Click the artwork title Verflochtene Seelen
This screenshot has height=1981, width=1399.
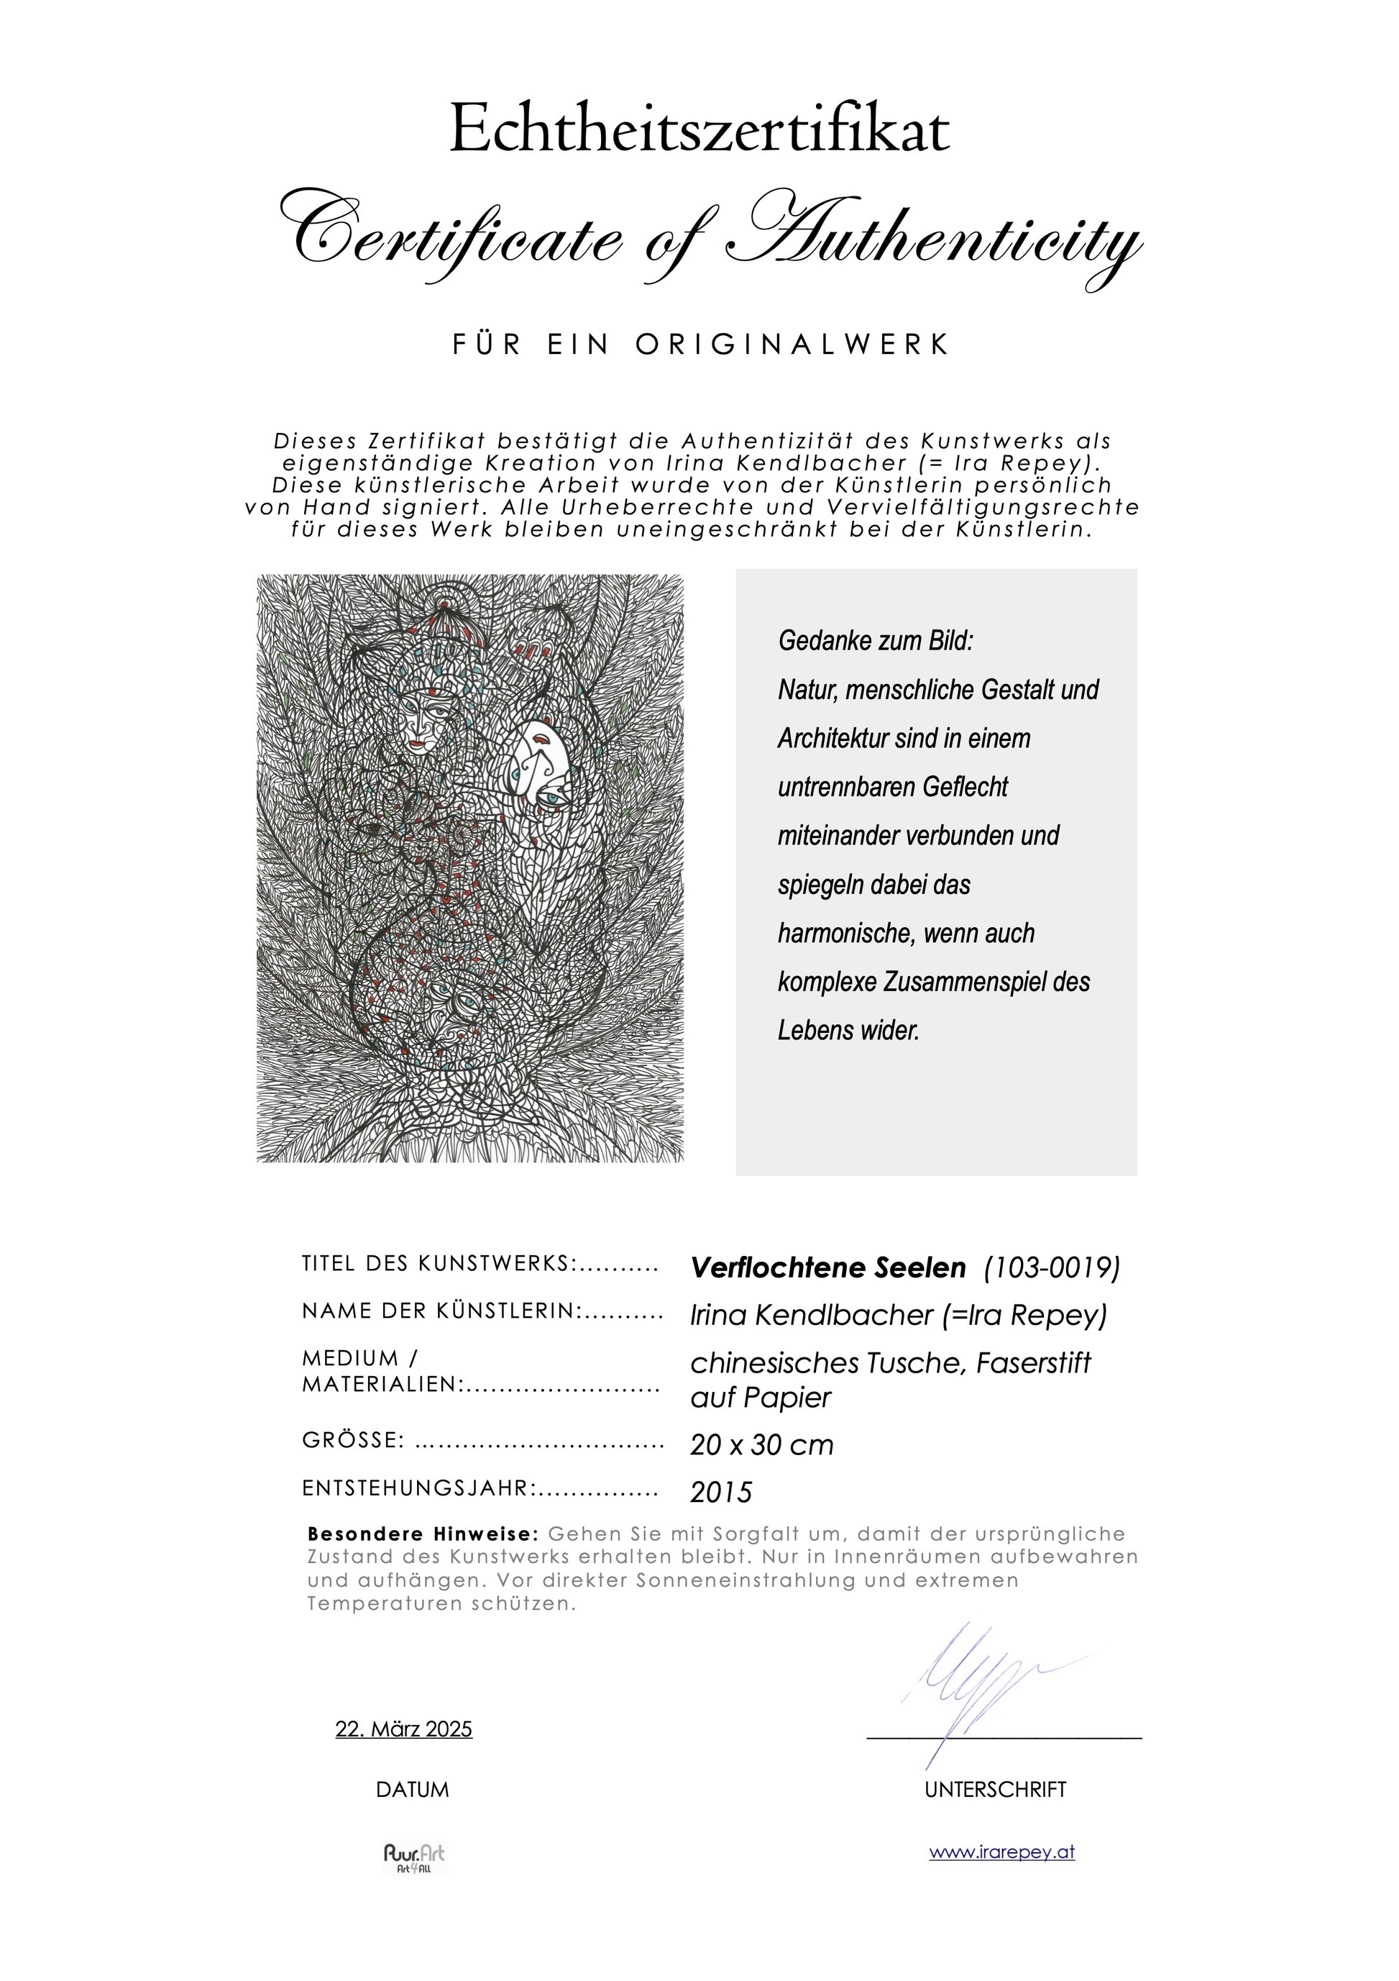[x=828, y=1267]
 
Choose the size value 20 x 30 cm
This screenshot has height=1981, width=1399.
[x=761, y=1444]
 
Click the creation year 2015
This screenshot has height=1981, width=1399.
[x=721, y=1492]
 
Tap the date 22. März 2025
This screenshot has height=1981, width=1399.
[x=403, y=1729]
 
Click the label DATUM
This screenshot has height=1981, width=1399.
[x=412, y=1790]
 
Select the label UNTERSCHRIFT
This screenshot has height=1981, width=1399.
[x=996, y=1790]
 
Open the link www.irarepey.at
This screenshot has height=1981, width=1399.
[x=1001, y=1852]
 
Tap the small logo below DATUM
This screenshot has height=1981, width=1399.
[x=414, y=1857]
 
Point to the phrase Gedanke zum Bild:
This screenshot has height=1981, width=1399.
[x=876, y=641]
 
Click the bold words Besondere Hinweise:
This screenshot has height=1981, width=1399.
[x=423, y=1534]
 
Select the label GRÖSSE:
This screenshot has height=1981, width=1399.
[x=354, y=1441]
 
